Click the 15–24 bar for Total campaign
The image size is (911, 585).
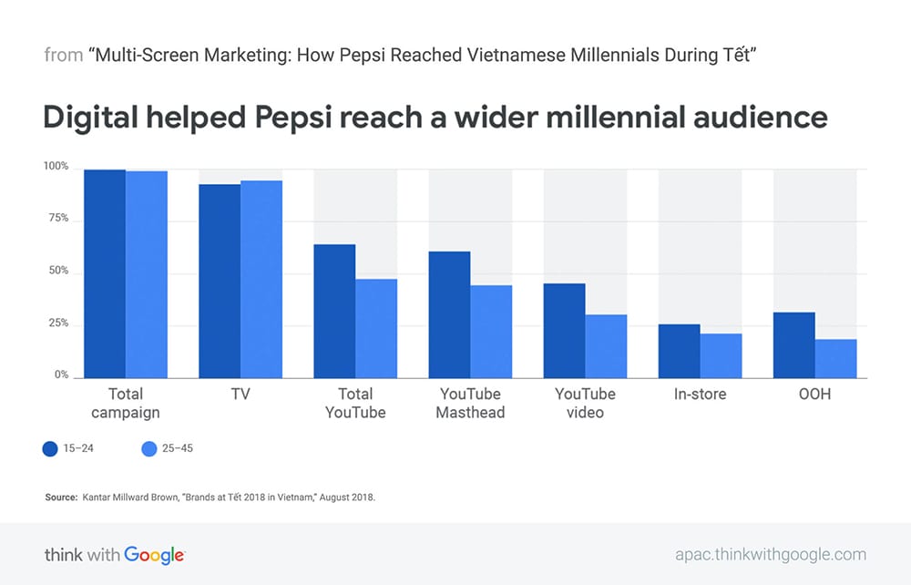(105, 273)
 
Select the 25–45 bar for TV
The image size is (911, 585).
(261, 280)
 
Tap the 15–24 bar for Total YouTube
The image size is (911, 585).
(334, 312)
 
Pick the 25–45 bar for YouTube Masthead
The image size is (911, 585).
(492, 332)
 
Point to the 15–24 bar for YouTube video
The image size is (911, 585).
(564, 331)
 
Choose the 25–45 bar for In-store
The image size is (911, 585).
(721, 355)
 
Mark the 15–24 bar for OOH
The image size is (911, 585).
(794, 345)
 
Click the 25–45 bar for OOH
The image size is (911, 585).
(836, 358)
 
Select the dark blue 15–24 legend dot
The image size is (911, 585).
(50, 448)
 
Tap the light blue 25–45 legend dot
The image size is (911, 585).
(149, 448)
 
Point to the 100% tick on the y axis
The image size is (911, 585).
(56, 166)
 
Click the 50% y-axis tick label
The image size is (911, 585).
(58, 271)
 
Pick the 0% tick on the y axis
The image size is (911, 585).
(62, 375)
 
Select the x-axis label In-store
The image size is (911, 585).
(700, 394)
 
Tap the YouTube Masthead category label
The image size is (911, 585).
(471, 403)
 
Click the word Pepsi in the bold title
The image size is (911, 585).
(292, 118)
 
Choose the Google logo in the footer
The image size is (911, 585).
(155, 555)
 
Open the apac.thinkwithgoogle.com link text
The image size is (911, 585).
(771, 555)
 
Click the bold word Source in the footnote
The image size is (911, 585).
(61, 498)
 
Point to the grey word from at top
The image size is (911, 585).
(64, 56)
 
